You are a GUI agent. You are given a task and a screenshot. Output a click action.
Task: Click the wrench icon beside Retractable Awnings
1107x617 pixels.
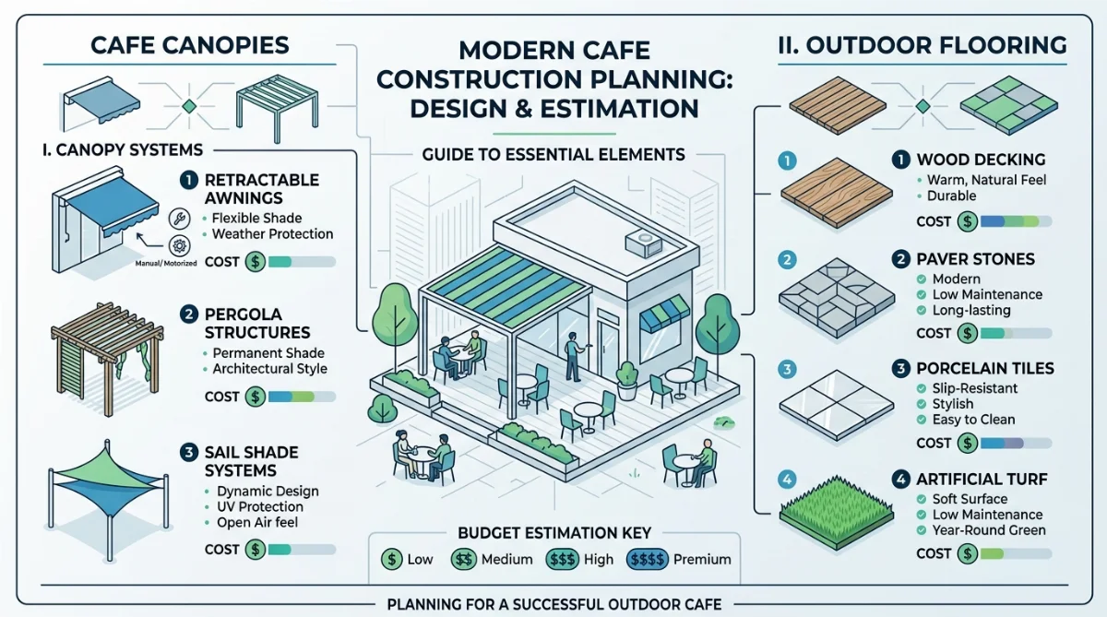[179, 219]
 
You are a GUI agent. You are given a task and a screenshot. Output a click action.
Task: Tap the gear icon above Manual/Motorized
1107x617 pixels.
[179, 245]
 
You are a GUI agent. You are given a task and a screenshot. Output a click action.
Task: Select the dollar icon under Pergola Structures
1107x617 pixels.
[256, 397]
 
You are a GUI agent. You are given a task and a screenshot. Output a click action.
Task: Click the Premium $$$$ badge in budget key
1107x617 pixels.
[648, 559]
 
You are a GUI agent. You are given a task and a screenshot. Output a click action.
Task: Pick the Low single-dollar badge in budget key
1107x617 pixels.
[391, 559]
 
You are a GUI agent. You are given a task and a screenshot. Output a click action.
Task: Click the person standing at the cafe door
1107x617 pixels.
[573, 357]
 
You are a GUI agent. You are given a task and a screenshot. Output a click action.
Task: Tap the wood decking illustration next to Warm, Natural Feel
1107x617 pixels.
[836, 193]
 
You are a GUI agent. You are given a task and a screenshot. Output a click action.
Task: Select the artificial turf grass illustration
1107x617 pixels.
[836, 512]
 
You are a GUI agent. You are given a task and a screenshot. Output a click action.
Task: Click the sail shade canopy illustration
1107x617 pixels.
[108, 499]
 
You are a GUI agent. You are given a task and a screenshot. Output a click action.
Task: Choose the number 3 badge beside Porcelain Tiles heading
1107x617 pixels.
[900, 369]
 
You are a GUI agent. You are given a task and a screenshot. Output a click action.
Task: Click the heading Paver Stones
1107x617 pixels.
[975, 259]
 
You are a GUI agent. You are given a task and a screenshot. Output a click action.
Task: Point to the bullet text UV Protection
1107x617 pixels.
[260, 507]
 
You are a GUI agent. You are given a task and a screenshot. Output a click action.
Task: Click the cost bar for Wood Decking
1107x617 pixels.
[1016, 221]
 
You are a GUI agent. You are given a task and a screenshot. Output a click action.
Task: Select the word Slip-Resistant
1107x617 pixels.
[974, 388]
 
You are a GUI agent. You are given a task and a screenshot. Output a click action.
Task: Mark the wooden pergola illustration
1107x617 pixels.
[107, 359]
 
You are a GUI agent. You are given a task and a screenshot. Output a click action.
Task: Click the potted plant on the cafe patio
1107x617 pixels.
[627, 380]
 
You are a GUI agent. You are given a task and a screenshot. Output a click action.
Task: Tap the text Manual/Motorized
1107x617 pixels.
[166, 264]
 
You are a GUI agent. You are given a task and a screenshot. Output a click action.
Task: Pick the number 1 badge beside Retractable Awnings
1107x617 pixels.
[188, 181]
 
